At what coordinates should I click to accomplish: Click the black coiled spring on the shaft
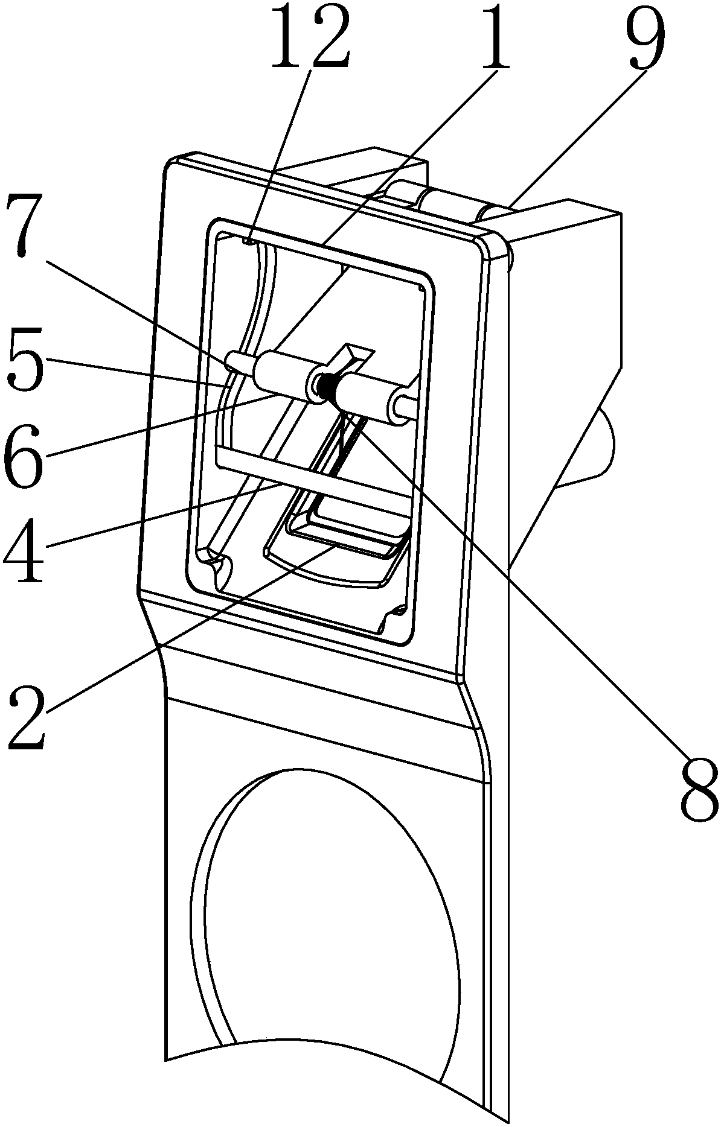[x=328, y=386]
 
